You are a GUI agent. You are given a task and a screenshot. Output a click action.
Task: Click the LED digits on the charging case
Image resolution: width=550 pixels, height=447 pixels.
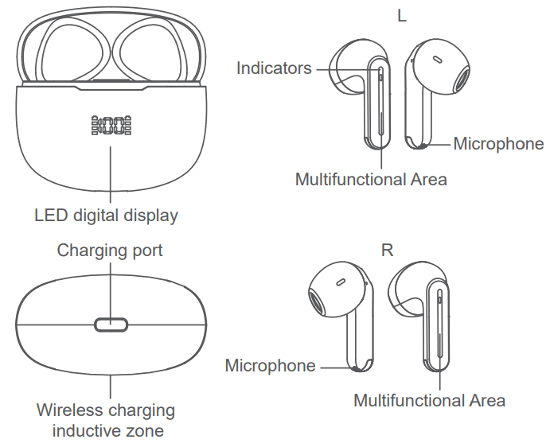(111, 126)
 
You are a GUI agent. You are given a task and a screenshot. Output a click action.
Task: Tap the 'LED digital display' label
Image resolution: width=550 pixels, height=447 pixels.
(106, 215)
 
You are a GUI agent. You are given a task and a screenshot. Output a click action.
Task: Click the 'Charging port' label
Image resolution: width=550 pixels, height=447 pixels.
(110, 251)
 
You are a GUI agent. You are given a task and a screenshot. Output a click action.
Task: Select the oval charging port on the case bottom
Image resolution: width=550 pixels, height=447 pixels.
(111, 325)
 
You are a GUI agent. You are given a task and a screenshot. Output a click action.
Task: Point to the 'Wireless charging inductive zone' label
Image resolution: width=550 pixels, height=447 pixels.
(106, 421)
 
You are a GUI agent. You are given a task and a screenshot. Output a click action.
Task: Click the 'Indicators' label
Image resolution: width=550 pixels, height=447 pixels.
(274, 68)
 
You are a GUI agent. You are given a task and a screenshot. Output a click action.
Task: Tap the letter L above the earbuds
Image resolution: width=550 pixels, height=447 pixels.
(402, 16)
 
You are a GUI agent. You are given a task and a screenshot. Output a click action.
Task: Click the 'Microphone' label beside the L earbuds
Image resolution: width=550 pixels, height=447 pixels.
(498, 144)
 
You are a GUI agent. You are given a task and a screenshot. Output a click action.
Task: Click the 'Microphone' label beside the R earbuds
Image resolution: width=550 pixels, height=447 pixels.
(271, 366)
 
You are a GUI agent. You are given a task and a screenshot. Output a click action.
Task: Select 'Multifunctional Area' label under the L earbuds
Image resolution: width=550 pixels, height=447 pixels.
(371, 180)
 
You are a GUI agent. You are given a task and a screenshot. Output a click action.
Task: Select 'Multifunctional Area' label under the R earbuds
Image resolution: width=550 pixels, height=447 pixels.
(429, 401)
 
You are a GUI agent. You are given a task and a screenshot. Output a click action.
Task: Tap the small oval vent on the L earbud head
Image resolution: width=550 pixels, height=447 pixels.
(436, 59)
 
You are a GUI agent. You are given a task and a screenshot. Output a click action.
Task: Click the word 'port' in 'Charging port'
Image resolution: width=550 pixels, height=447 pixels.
(146, 251)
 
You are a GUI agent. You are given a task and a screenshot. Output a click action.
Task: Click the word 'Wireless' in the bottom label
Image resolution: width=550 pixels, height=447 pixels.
(68, 411)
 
